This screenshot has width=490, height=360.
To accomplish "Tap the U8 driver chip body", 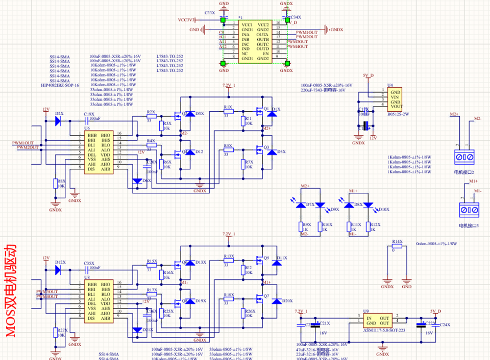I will click(97, 300).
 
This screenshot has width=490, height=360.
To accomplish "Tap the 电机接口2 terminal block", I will click(465, 157).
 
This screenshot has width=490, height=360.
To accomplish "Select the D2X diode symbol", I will click(58, 121).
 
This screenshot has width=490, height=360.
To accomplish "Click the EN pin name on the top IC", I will click(265, 54).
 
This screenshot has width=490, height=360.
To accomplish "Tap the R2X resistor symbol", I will click(151, 116).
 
